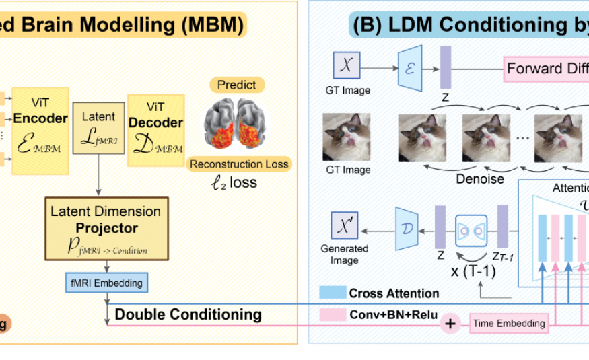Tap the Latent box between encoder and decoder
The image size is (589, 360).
[x=98, y=126]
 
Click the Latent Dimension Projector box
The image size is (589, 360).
[x=106, y=229]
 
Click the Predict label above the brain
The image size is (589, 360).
[x=236, y=85]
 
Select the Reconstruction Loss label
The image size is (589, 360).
[x=239, y=164]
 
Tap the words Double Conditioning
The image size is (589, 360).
[x=188, y=314]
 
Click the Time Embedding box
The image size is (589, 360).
[x=509, y=324]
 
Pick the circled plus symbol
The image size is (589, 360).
[x=450, y=324]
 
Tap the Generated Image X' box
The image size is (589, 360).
[x=345, y=225]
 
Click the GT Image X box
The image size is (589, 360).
[x=347, y=67]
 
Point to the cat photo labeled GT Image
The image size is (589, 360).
[x=347, y=137]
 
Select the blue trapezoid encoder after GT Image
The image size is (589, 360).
[x=409, y=67]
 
